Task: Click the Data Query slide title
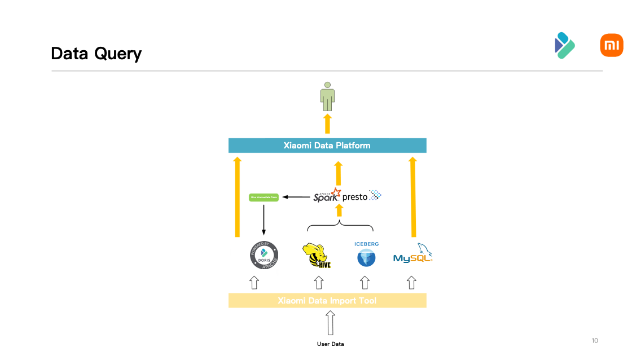(x=96, y=54)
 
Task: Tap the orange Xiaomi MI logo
(x=611, y=45)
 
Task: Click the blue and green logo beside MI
(x=564, y=45)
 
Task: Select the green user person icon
(x=327, y=96)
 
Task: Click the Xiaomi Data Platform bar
(x=327, y=146)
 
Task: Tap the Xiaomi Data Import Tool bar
(x=327, y=301)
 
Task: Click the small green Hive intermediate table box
(x=264, y=197)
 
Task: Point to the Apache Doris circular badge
(x=264, y=256)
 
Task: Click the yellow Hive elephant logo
(x=316, y=256)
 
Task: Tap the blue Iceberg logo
(x=366, y=255)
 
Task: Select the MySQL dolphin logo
(x=413, y=254)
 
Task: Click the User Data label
(x=330, y=344)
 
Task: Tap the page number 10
(x=595, y=341)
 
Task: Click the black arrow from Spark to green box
(x=296, y=197)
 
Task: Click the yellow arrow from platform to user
(x=327, y=124)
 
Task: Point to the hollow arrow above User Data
(x=331, y=324)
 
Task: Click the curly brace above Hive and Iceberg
(x=340, y=226)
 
